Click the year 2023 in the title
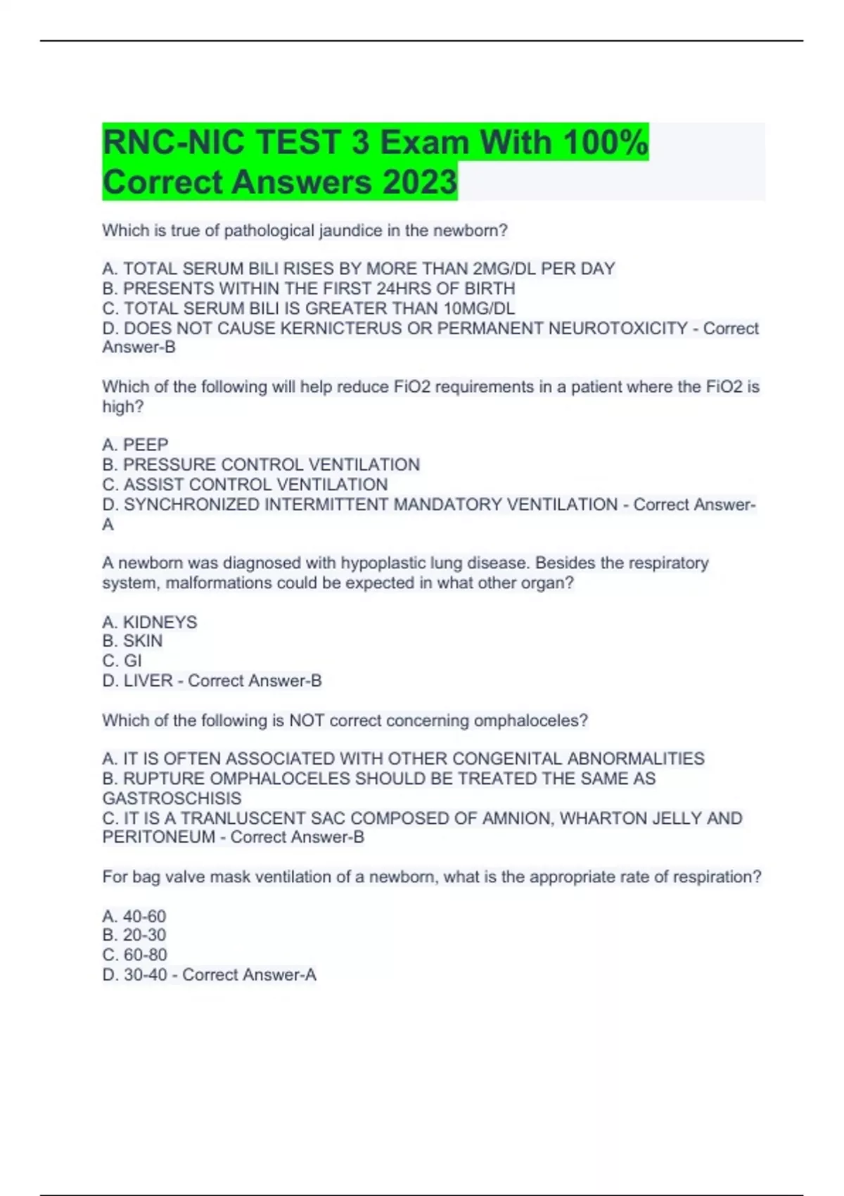[x=420, y=182]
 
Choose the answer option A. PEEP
[x=135, y=445]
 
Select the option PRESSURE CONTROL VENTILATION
[x=271, y=465]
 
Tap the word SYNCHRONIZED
[x=192, y=504]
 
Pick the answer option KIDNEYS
[x=160, y=622]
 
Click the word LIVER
[x=148, y=681]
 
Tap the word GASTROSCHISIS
[x=172, y=799]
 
